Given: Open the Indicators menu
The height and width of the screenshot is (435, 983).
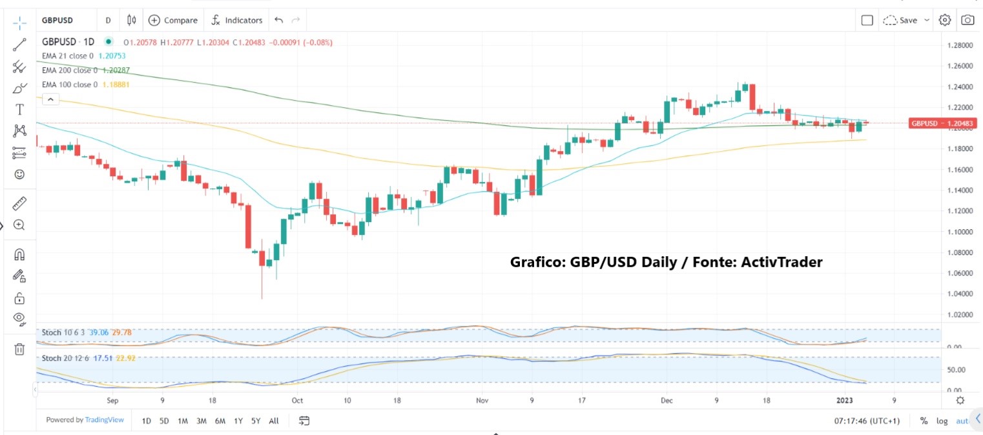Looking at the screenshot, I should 237,20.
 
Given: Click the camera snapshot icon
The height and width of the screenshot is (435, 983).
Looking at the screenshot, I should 967,20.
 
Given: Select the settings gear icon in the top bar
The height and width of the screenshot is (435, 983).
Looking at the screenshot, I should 944,20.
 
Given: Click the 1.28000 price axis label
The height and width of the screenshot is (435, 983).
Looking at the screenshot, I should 960,45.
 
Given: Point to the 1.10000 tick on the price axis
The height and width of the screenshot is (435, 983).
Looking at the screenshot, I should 960,232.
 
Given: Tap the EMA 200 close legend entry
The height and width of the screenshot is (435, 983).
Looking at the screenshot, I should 70,70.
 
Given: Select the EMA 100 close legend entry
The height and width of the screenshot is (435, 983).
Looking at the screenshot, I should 70,84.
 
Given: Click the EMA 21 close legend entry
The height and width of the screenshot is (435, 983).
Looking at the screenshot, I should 67,56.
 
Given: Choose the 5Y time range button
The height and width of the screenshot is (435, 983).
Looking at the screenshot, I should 256,421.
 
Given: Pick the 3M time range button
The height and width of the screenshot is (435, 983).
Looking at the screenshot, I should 201,421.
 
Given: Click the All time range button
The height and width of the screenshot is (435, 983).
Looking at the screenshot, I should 274,421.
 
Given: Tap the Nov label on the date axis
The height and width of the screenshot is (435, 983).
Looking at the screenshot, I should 482,400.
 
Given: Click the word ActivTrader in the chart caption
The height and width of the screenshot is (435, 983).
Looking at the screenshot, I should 785,262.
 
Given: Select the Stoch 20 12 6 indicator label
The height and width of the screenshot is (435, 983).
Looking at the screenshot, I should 63,358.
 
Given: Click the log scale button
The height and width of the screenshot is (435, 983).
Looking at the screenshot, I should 942,421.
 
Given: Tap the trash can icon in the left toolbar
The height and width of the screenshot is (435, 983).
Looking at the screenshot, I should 19,349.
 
